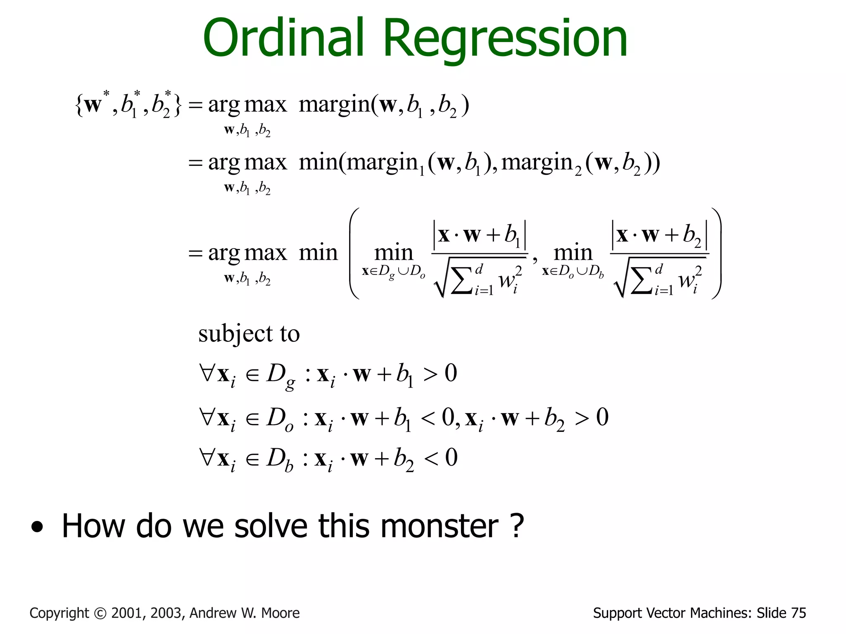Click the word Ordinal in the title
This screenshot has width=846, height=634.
[x=283, y=38]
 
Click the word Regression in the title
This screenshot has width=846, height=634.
[x=506, y=40]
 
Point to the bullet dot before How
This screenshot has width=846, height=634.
[x=37, y=527]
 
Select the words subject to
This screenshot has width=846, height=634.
[x=249, y=334]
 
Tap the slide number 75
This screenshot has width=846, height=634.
[x=798, y=613]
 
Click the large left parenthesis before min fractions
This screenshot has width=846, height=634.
[x=354, y=253]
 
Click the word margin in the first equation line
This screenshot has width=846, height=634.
[x=334, y=105]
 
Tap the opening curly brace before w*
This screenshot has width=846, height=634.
[x=79, y=105]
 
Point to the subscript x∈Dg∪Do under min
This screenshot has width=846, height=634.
[x=393, y=272]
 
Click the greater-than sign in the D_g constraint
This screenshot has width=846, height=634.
[x=430, y=374]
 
